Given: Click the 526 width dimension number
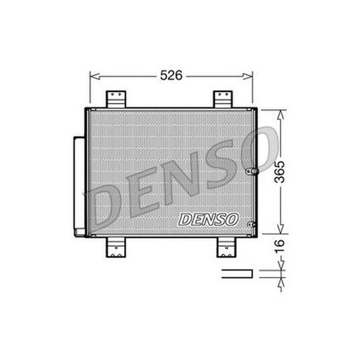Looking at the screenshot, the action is coord(171,76).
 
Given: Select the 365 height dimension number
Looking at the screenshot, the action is coord(280,172).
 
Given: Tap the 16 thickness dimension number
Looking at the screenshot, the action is coord(280,246).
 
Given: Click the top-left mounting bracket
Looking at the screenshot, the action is coord(116,99).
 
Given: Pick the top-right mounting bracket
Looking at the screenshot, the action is coord(223,99).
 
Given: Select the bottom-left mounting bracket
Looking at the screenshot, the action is coord(116,247).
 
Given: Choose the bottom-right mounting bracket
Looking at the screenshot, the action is coord(226,247).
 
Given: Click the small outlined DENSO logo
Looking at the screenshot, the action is coord(208,219).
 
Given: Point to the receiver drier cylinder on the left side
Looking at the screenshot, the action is coord(79,187).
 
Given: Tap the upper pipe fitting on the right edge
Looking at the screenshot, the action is coord(252,171).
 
